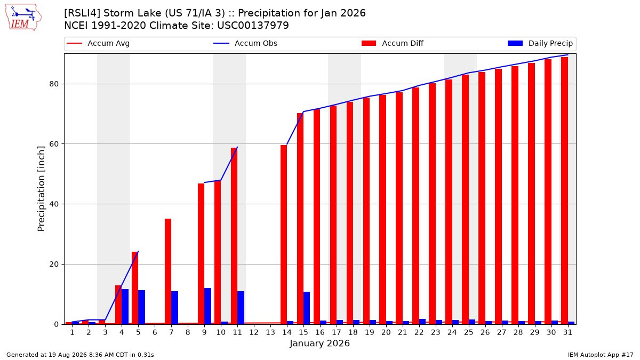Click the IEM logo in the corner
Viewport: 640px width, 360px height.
coord(23,18)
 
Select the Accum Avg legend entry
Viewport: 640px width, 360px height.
coord(98,43)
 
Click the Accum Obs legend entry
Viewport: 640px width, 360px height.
coord(245,43)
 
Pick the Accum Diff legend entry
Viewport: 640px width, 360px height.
coord(393,43)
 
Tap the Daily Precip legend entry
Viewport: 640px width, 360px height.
coord(540,43)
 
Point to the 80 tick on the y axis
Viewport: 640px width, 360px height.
coord(54,84)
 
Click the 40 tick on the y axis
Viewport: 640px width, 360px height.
coord(54,204)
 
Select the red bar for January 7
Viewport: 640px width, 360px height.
coord(168,271)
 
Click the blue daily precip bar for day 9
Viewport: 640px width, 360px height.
coord(207,306)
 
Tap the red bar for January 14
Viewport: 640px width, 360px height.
coord(284,235)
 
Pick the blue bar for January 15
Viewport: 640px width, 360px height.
coord(307,308)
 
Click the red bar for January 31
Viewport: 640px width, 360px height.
coord(564,190)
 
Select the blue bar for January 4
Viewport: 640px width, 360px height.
coord(125,307)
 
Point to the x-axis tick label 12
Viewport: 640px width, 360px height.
coord(254,333)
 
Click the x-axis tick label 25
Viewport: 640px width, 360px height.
coord(469,333)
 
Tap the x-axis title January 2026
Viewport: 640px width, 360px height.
coord(319,343)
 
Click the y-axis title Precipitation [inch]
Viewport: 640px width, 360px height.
coord(41,189)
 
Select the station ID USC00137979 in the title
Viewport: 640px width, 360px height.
coord(253,26)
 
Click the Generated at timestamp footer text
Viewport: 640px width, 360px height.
coord(80,355)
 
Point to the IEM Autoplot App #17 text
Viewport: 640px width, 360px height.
coord(601,355)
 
